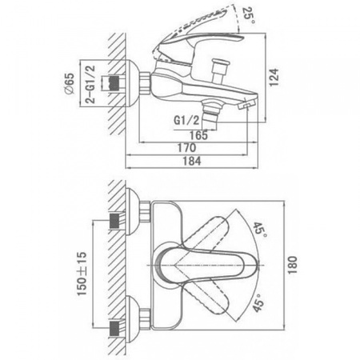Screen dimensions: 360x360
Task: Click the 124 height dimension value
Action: (x=274, y=78)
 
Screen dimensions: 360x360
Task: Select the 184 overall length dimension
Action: (x=192, y=161)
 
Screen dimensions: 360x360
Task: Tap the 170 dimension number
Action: (x=186, y=148)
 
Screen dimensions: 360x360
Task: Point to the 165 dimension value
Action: (x=198, y=135)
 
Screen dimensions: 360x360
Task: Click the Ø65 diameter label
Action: (x=69, y=83)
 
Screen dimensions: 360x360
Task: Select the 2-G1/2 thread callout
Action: (x=90, y=84)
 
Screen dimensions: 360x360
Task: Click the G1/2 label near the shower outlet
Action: (x=186, y=121)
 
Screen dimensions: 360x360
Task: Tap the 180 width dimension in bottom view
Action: (x=293, y=265)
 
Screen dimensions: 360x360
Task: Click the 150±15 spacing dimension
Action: (x=82, y=274)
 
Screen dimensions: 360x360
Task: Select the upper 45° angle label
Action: (x=259, y=230)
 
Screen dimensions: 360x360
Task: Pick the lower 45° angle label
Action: (x=258, y=303)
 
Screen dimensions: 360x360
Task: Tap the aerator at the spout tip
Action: (x=246, y=105)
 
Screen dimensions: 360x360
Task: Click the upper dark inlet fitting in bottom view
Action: (x=114, y=221)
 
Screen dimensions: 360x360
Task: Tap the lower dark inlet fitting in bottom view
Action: (x=114, y=329)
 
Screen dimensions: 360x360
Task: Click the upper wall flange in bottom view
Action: (x=133, y=212)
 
